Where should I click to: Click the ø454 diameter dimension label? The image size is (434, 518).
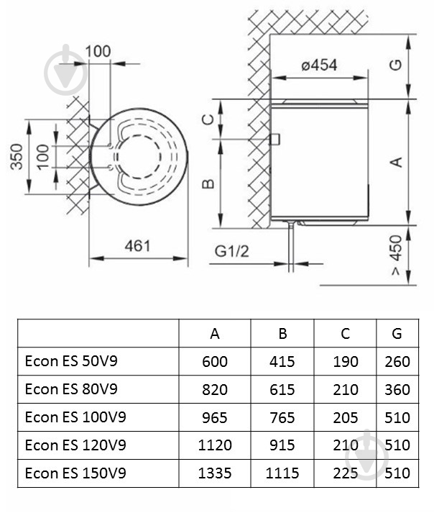pos(319,65)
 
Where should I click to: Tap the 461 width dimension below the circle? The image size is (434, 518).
pos(137,245)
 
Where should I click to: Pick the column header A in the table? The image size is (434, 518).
pos(215,334)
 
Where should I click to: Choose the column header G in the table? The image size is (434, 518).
pos(397,334)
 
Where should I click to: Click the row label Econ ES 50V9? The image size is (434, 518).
pos(70,361)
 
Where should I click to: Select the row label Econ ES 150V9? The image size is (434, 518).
pos(75,473)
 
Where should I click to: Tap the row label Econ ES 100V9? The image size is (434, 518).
pos(75,417)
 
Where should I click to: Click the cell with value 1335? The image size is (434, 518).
pos(215,473)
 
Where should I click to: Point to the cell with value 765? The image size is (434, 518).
pos(282,417)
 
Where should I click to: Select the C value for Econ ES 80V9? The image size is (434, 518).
pos(345,389)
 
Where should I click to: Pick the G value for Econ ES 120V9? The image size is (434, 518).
pos(397,445)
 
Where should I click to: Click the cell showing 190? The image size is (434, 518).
pos(345,361)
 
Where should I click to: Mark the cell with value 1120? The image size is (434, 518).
pos(215,445)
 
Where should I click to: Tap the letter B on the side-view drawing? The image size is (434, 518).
pos(208,184)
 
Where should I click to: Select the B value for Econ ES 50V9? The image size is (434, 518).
pos(282,361)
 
